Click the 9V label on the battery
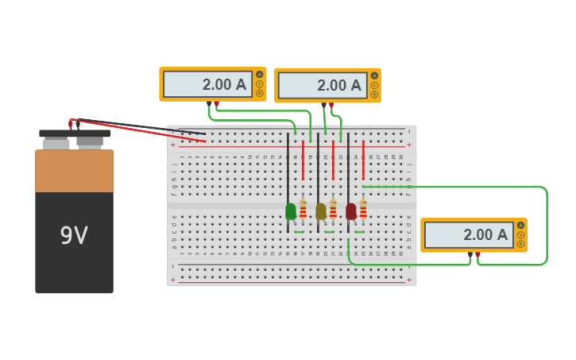74,235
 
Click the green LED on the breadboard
291,211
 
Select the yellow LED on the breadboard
321,211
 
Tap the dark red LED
351,211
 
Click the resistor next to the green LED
303,209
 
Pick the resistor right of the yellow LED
333,209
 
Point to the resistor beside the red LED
363,209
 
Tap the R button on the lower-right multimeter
520,244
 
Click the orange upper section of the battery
74,171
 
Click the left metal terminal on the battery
56,144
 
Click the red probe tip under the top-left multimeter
216,104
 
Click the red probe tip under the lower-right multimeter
477,254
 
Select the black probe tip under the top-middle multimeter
323,105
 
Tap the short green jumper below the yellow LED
329,232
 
